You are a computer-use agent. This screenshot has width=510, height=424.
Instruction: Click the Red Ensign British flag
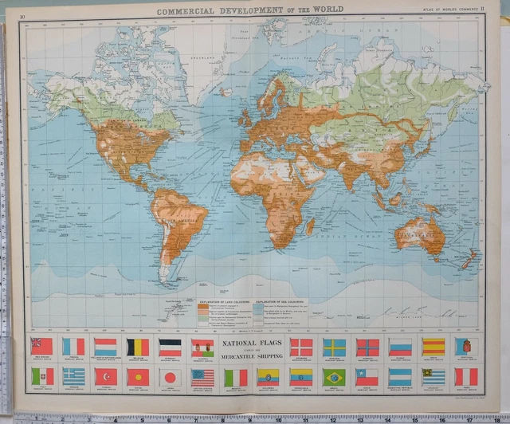[41, 346]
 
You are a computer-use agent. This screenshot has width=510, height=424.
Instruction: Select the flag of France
[74, 346]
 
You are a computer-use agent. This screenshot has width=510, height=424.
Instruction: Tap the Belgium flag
[138, 346]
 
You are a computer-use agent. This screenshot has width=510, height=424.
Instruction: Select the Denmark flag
[301, 347]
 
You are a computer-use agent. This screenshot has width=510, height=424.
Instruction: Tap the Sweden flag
[334, 347]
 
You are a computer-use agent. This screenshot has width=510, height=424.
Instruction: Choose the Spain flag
[433, 347]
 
